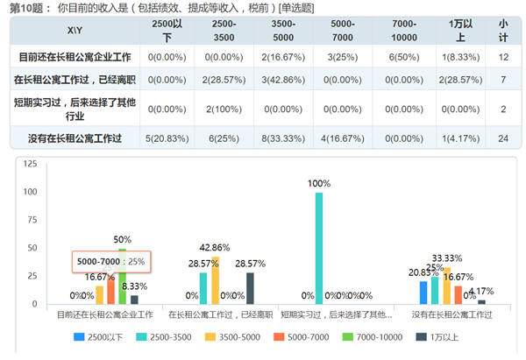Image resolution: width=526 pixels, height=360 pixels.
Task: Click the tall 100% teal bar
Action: coord(319,248)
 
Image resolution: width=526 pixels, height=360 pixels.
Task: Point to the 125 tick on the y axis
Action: coord(30,164)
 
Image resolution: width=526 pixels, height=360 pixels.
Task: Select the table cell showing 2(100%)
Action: coord(217,109)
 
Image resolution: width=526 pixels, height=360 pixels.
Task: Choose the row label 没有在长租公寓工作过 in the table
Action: coord(75,138)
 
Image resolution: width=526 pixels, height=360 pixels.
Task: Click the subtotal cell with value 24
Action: coord(503,138)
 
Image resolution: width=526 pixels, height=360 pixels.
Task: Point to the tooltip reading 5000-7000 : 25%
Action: coord(111,261)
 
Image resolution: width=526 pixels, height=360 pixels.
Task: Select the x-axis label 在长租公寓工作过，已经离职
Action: coord(215,313)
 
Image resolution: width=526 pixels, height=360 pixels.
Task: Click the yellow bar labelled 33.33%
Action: coord(446,286)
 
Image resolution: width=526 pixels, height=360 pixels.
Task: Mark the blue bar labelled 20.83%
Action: coord(423,293)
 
